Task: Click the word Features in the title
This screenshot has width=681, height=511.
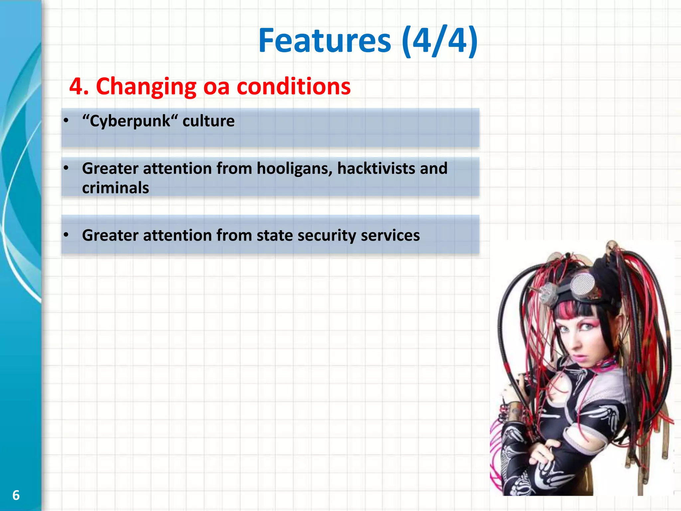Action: pos(325,41)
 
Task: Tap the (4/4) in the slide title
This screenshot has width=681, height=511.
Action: pos(440,41)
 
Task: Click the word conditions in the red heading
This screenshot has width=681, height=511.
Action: pos(294,86)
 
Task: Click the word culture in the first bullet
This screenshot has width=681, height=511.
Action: pos(208,121)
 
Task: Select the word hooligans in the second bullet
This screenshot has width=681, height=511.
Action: pos(295,169)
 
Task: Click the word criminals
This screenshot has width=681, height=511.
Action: pos(115,188)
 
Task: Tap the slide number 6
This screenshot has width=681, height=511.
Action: pos(16,495)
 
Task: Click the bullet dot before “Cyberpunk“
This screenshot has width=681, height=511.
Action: pos(66,121)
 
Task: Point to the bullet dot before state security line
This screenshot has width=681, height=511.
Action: pos(66,235)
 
